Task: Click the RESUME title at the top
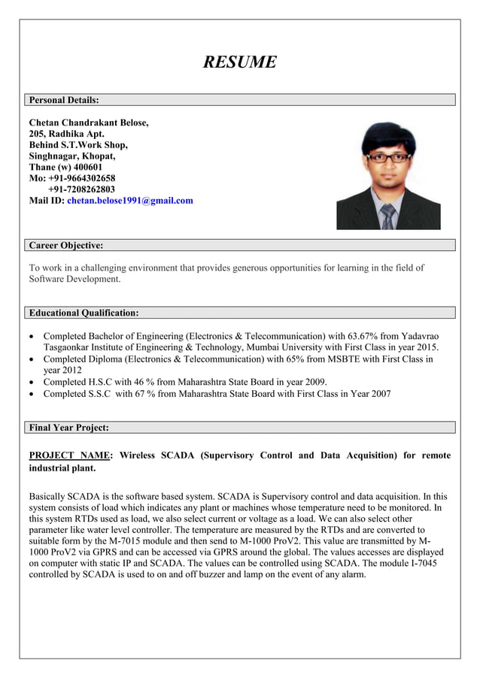[239, 62]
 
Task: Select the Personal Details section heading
[64, 100]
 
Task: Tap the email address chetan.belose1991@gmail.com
[130, 201]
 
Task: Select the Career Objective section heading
[65, 245]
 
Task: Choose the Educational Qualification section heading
[84, 313]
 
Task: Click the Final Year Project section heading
[68, 428]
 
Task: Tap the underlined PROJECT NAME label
[70, 456]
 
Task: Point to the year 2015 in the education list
[426, 347]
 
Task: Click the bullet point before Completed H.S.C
[32, 382]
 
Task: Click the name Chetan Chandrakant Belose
[88, 123]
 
